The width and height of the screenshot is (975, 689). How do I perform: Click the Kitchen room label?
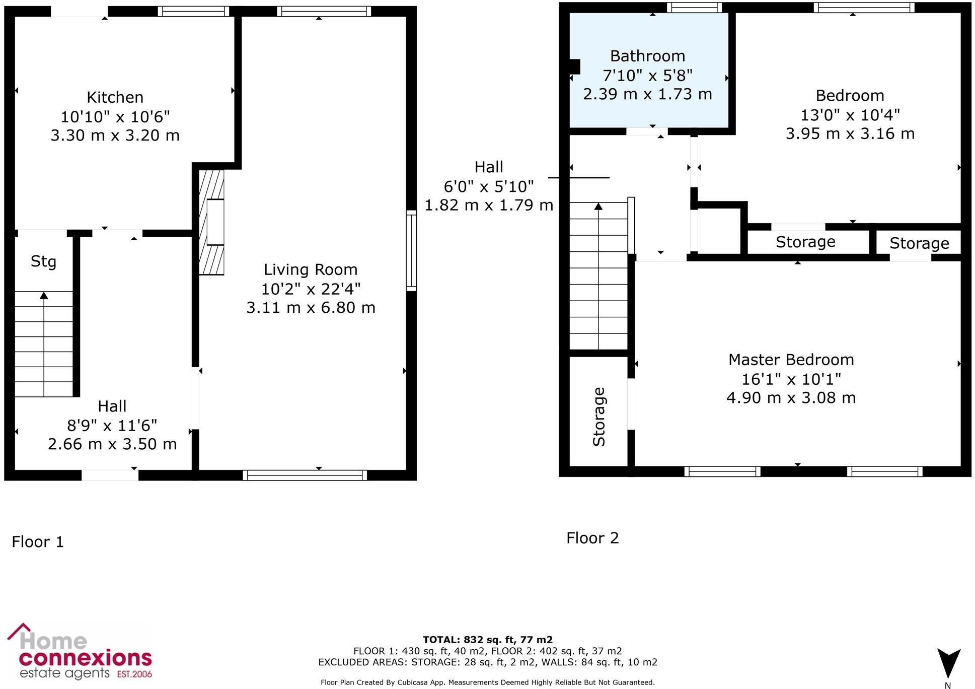point(115,97)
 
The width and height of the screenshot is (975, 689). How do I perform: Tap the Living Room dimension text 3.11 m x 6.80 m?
point(311,308)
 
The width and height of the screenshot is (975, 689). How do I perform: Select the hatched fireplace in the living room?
point(211,222)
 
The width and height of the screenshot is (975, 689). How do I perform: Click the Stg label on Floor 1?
point(43,261)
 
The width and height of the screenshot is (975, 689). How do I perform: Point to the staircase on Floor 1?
point(44,344)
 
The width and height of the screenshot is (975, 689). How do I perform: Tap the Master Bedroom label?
point(791,360)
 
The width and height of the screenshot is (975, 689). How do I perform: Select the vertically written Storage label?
point(598,417)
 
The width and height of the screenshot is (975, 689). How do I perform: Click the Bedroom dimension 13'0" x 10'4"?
point(850,115)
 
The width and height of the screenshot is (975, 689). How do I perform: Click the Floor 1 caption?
point(38,542)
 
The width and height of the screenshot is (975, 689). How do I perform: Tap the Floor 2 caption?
point(592,538)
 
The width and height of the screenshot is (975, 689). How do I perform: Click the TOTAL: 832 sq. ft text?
point(487,640)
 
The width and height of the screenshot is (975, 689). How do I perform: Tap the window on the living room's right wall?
point(411,251)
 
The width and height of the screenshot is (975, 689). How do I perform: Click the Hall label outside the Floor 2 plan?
point(489,167)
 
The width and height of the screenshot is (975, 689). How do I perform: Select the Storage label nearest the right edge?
point(919,243)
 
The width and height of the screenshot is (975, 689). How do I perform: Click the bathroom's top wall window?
point(694,8)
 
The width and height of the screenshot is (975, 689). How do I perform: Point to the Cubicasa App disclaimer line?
point(487,682)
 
